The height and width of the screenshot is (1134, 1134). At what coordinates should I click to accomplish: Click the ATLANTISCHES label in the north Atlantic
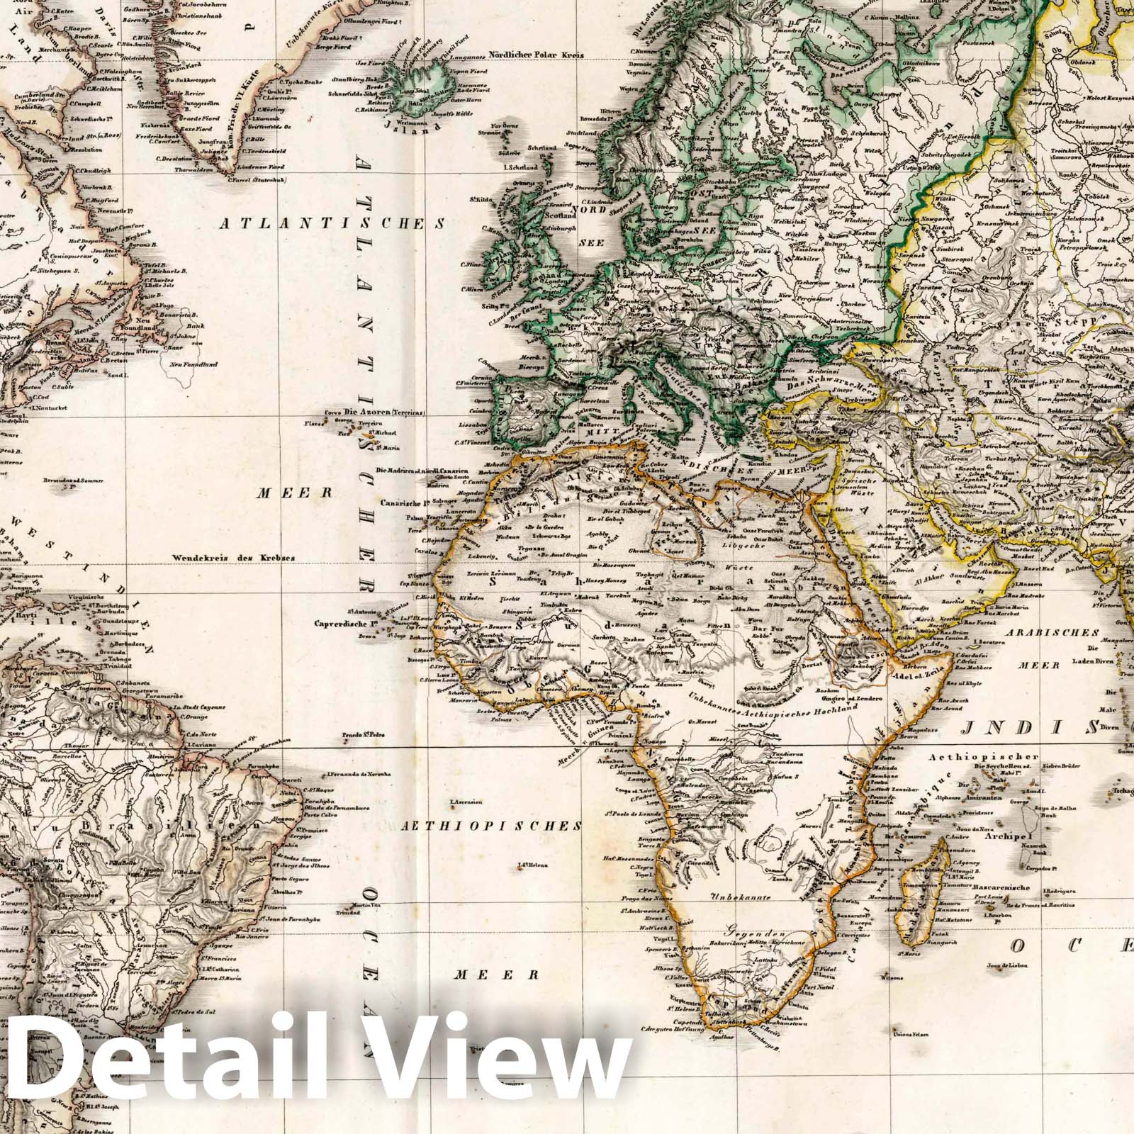point(332,225)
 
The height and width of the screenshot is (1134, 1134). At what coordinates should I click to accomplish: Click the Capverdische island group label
point(345,624)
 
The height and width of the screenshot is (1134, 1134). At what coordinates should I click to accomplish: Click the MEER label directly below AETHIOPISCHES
point(491,974)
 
